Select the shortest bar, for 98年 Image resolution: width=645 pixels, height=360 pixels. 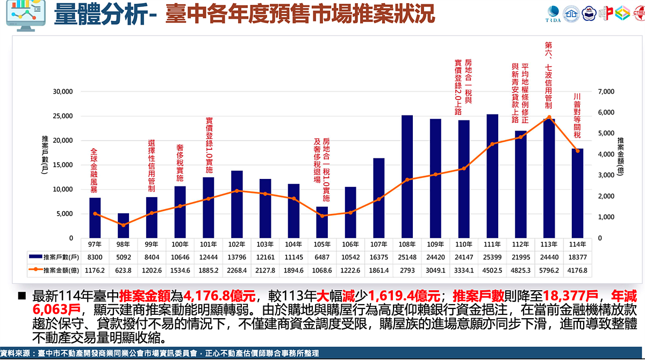pos(124,226)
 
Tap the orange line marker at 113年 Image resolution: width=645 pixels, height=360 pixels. pos(549,117)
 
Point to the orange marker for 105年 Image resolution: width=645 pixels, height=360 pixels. pos(322,215)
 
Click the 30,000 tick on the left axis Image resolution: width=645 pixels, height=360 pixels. pos(62,91)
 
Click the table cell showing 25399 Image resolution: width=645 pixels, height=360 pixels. pos(492,258)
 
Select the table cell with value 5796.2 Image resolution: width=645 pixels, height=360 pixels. pos(549,270)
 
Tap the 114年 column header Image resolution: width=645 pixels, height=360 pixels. pos(577,244)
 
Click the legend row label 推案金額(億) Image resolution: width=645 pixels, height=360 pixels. pos(58,270)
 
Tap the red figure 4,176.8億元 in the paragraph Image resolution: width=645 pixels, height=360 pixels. pos(220,297)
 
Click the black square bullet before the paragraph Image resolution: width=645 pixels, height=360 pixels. pos(22,297)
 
